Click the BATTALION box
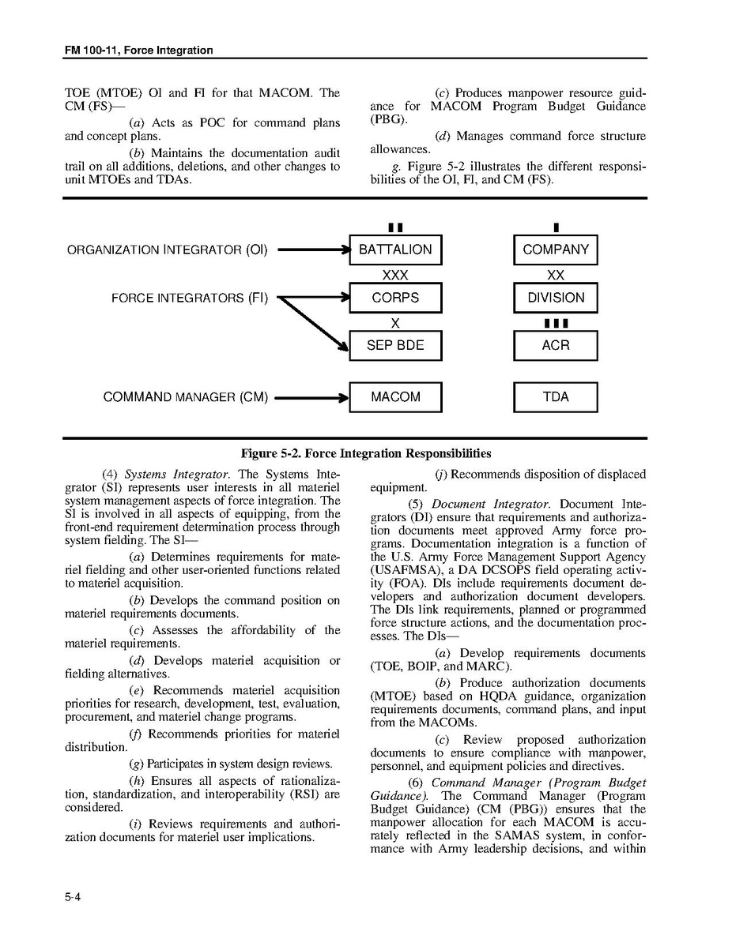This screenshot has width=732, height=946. tap(395, 250)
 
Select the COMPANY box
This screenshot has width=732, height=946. tap(556, 250)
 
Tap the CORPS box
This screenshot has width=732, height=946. tap(395, 298)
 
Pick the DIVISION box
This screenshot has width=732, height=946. tap(556, 298)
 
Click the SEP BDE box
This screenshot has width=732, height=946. tap(395, 345)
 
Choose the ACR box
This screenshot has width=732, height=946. tap(556, 345)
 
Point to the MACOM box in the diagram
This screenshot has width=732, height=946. tap(395, 396)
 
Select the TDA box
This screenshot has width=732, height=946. tap(556, 396)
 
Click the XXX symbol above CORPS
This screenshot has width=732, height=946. tap(395, 275)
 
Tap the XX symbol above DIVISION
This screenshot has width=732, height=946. tap(556, 275)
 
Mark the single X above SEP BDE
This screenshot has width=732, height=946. tap(395, 322)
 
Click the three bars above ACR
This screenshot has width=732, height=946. tap(556, 323)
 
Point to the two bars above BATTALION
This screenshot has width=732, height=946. tap(395, 227)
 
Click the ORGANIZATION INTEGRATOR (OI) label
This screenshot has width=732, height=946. tap(167, 250)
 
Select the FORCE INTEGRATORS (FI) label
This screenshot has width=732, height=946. tap(190, 298)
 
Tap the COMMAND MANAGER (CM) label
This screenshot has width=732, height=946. tap(185, 397)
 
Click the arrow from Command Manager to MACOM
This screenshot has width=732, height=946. tap(311, 397)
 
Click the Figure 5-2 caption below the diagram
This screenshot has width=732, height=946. tap(366, 453)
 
